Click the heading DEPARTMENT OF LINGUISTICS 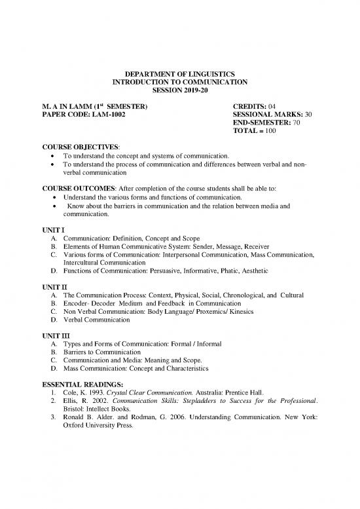coord(179,73)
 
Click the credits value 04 coord(274,105)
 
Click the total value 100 coord(274,131)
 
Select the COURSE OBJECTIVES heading coord(75,147)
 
